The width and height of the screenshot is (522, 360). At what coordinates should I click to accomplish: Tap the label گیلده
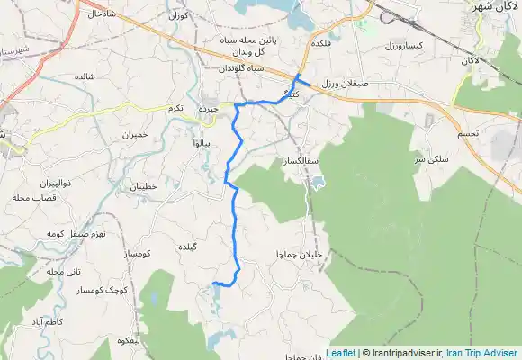[x=212, y=246]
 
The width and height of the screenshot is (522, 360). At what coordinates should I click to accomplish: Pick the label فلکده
[x=321, y=42]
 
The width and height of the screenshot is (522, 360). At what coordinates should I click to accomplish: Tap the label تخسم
[x=469, y=132]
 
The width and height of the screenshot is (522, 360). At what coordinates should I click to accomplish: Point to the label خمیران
[x=140, y=134]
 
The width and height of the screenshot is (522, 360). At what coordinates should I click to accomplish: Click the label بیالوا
[x=202, y=143]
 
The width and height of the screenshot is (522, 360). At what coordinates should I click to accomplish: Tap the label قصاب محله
[x=35, y=197]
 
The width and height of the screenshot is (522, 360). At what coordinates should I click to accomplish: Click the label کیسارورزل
[x=404, y=44]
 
